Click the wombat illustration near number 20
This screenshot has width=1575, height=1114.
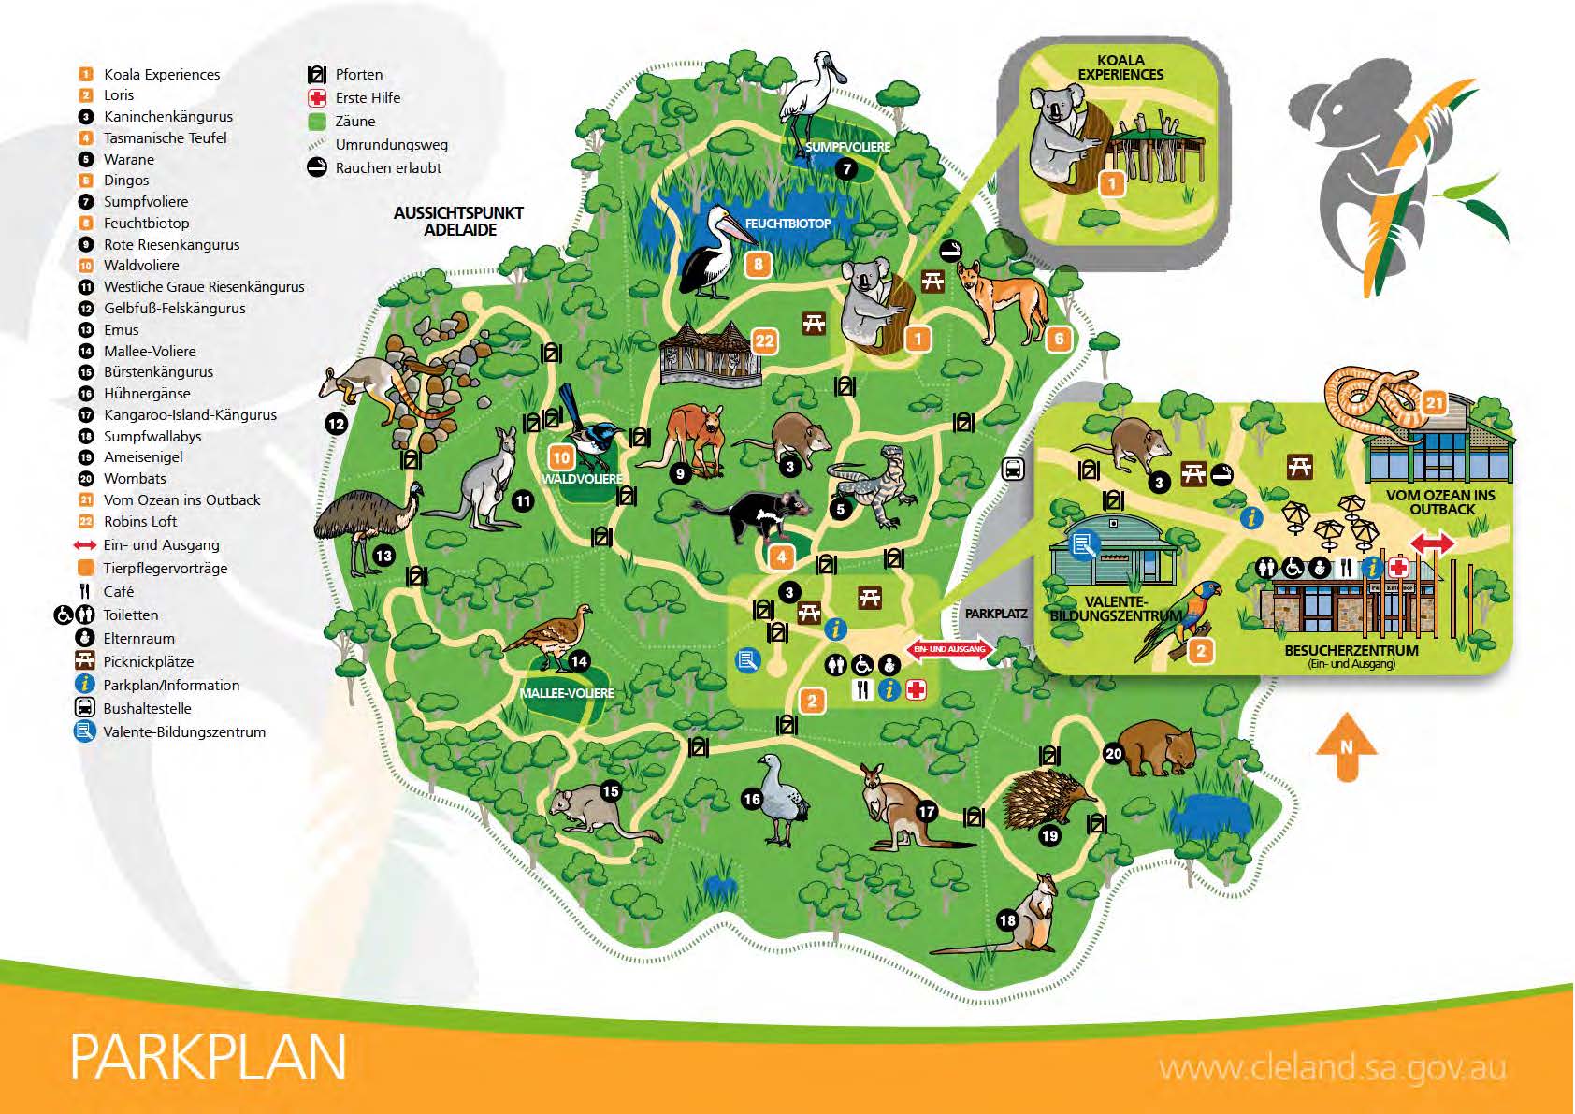point(1156,748)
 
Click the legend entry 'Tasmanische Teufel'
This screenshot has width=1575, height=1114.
point(165,138)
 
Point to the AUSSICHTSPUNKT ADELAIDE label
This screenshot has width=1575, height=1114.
point(458,222)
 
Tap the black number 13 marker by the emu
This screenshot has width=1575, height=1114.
point(383,556)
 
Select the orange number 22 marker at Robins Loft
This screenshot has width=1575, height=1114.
point(765,340)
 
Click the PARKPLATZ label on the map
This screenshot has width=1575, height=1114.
point(996,614)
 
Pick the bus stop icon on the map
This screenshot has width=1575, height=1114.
point(1013,470)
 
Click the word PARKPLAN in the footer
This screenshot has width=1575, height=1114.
point(208,1057)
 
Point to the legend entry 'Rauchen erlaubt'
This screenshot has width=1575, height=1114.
point(388,168)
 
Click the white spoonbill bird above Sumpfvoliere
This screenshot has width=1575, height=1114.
point(806,94)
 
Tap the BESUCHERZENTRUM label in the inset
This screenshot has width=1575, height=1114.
point(1351,651)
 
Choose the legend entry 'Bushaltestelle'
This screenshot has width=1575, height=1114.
point(147,709)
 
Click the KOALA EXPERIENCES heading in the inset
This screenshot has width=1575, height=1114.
point(1120,67)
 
